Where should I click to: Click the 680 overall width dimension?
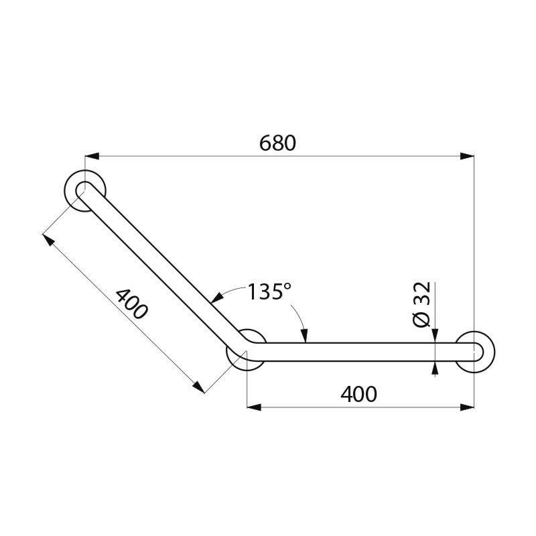click(277, 143)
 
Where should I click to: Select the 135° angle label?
click(269, 292)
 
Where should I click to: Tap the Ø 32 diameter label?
click(421, 304)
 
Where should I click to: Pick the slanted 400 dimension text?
click(131, 304)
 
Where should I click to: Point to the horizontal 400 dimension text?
click(358, 394)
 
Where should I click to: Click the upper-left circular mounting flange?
click(85, 190)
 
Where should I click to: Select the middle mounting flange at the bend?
click(247, 348)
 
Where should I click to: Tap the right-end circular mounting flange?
click(476, 351)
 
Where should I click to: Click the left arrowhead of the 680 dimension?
click(92, 156)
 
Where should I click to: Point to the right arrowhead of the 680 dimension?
click(468, 156)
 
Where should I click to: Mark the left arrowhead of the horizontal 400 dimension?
click(255, 406)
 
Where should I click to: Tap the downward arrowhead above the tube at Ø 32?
click(435, 337)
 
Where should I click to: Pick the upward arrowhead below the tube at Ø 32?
click(435, 366)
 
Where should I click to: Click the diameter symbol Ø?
click(421, 320)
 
